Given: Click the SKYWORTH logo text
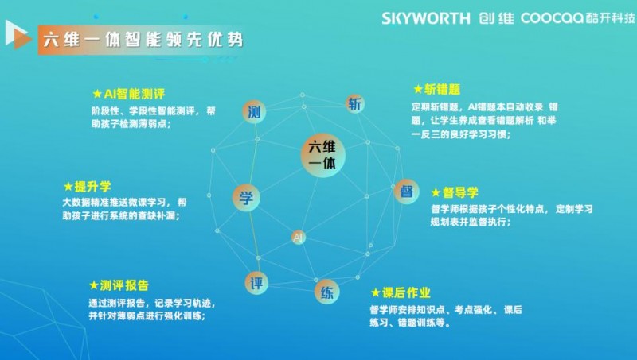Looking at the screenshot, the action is (426, 18).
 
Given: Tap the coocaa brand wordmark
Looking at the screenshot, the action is (553, 18).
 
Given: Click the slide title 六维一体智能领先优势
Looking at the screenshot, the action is (143, 40).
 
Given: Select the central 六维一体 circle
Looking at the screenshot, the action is (323, 155).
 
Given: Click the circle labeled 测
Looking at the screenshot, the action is (254, 111).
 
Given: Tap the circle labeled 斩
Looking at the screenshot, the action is (354, 104).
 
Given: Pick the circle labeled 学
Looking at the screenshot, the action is (246, 198).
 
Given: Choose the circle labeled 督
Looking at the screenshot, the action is (406, 192).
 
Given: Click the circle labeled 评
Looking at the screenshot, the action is (256, 283).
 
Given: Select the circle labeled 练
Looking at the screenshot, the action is (326, 292).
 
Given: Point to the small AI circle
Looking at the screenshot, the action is (298, 237).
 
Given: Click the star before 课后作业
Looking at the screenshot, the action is (376, 292).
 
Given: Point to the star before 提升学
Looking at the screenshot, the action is (68, 187).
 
